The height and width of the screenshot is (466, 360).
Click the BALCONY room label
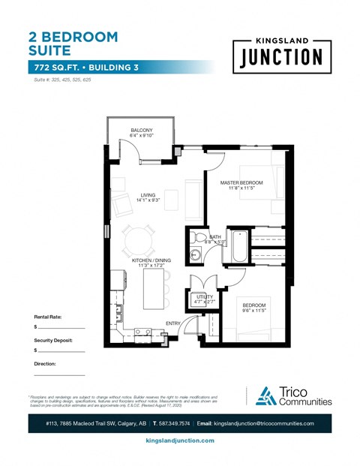coord(142,131)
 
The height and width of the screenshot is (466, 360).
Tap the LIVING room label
coord(147,195)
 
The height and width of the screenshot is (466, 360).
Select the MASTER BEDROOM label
coord(241,183)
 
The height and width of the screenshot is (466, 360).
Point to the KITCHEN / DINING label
coord(152,260)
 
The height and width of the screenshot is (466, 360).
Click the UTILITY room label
coord(205,296)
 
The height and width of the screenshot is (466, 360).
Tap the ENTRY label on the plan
coord(173,323)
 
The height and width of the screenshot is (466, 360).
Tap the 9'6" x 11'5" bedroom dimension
coord(254,310)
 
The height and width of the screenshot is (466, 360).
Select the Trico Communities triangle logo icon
coord(265,396)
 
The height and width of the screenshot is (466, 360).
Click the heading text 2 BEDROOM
coord(73,36)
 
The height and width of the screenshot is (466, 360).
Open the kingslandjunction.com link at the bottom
coord(179,440)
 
